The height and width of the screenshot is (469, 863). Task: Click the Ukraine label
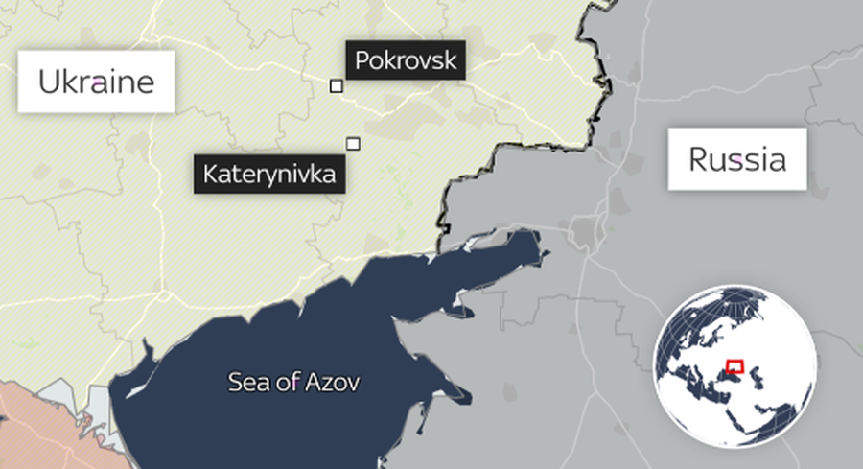tap(96, 82)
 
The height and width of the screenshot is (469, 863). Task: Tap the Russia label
tap(737, 159)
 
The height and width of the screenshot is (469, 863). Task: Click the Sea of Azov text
tap(293, 383)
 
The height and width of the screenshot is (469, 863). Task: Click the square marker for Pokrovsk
tap(337, 86)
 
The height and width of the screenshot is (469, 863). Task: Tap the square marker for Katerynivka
tap(353, 144)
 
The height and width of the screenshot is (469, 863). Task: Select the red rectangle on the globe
tap(735, 365)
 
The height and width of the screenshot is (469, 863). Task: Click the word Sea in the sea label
tap(245, 383)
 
